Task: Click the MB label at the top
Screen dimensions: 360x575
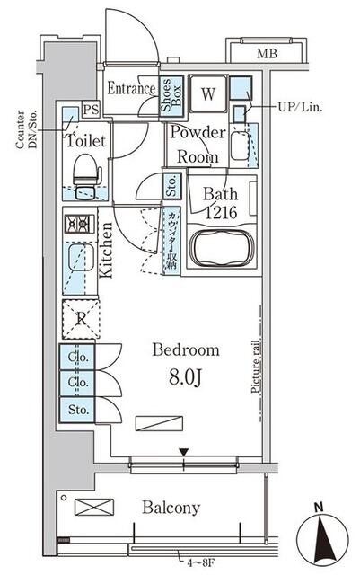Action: [x=267, y=54]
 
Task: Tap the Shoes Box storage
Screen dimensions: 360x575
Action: [x=171, y=96]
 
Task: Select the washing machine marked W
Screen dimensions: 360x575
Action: [x=208, y=93]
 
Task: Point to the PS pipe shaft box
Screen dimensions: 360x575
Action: [x=91, y=110]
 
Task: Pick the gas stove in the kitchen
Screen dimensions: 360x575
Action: [x=80, y=224]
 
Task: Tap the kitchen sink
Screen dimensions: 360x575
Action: [x=80, y=258]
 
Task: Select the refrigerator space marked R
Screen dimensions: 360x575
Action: [x=81, y=319]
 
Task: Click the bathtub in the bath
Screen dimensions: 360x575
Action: [x=222, y=248]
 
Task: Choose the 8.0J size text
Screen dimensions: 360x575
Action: [x=186, y=377]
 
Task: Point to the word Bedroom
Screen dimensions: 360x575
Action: [x=186, y=349]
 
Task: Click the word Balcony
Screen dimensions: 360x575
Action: [x=171, y=508]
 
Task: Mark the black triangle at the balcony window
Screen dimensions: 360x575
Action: [x=184, y=452]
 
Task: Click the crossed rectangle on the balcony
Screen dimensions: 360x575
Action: [x=94, y=507]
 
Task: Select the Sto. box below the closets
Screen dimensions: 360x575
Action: [x=77, y=410]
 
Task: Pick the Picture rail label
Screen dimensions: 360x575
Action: [x=256, y=367]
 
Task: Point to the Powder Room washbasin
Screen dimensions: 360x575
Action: [x=240, y=146]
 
